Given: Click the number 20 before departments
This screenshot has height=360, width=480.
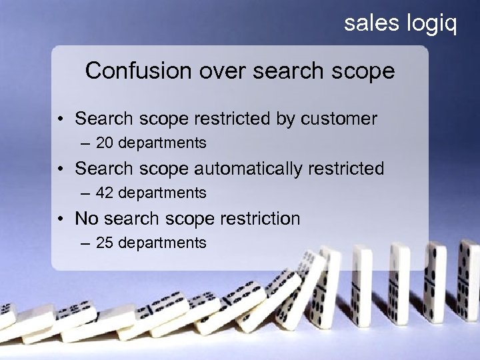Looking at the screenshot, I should [104, 143].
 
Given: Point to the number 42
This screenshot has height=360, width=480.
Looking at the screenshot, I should [104, 193].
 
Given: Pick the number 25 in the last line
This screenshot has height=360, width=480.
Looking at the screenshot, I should [104, 243].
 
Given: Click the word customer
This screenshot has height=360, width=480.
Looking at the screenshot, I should [339, 119].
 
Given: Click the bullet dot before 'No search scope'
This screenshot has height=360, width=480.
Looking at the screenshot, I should [61, 219].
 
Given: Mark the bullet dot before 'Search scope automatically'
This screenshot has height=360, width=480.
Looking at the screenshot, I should [61, 169].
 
